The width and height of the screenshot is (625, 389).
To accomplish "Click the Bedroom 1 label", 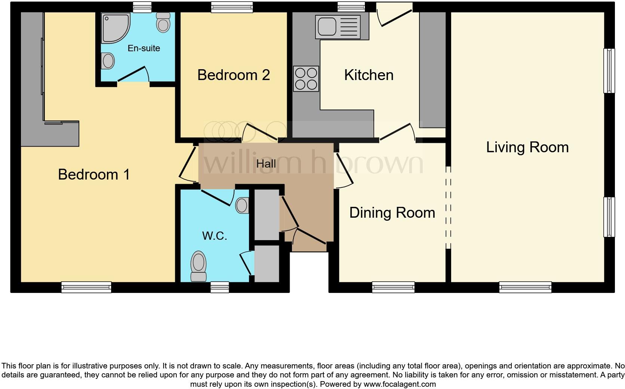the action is pos(94,175).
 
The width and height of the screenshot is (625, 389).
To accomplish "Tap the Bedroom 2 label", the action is pos(234,75).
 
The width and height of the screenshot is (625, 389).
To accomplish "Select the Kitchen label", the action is pos(369,75).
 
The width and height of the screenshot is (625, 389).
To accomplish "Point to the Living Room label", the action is pos(527,147).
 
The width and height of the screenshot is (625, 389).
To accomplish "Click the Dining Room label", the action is pos(392,213).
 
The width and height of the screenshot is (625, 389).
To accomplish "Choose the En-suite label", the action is pos(144,48).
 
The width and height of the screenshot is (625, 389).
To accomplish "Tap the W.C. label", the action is pos(215,236).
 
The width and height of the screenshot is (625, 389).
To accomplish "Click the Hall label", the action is pos(266,164).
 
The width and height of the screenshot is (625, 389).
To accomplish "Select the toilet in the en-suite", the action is pos(163,22).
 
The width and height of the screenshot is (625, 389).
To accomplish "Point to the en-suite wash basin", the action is pos(108,61).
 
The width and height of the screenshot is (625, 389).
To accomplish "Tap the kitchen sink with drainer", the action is pos(338,27).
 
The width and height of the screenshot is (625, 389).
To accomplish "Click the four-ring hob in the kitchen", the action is pos(306,79).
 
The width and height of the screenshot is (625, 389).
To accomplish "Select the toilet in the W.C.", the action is pos(198,266).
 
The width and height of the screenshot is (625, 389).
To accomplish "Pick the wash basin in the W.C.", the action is pos(242,206).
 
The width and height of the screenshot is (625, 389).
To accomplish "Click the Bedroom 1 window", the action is pos(86,287).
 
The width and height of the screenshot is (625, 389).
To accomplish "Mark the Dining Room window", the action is pos(393,287).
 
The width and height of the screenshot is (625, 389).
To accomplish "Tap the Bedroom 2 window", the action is pos(232,7).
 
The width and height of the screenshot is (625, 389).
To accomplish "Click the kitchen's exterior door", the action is pos(394,14).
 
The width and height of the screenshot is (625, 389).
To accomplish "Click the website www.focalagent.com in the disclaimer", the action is pos(400,385).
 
